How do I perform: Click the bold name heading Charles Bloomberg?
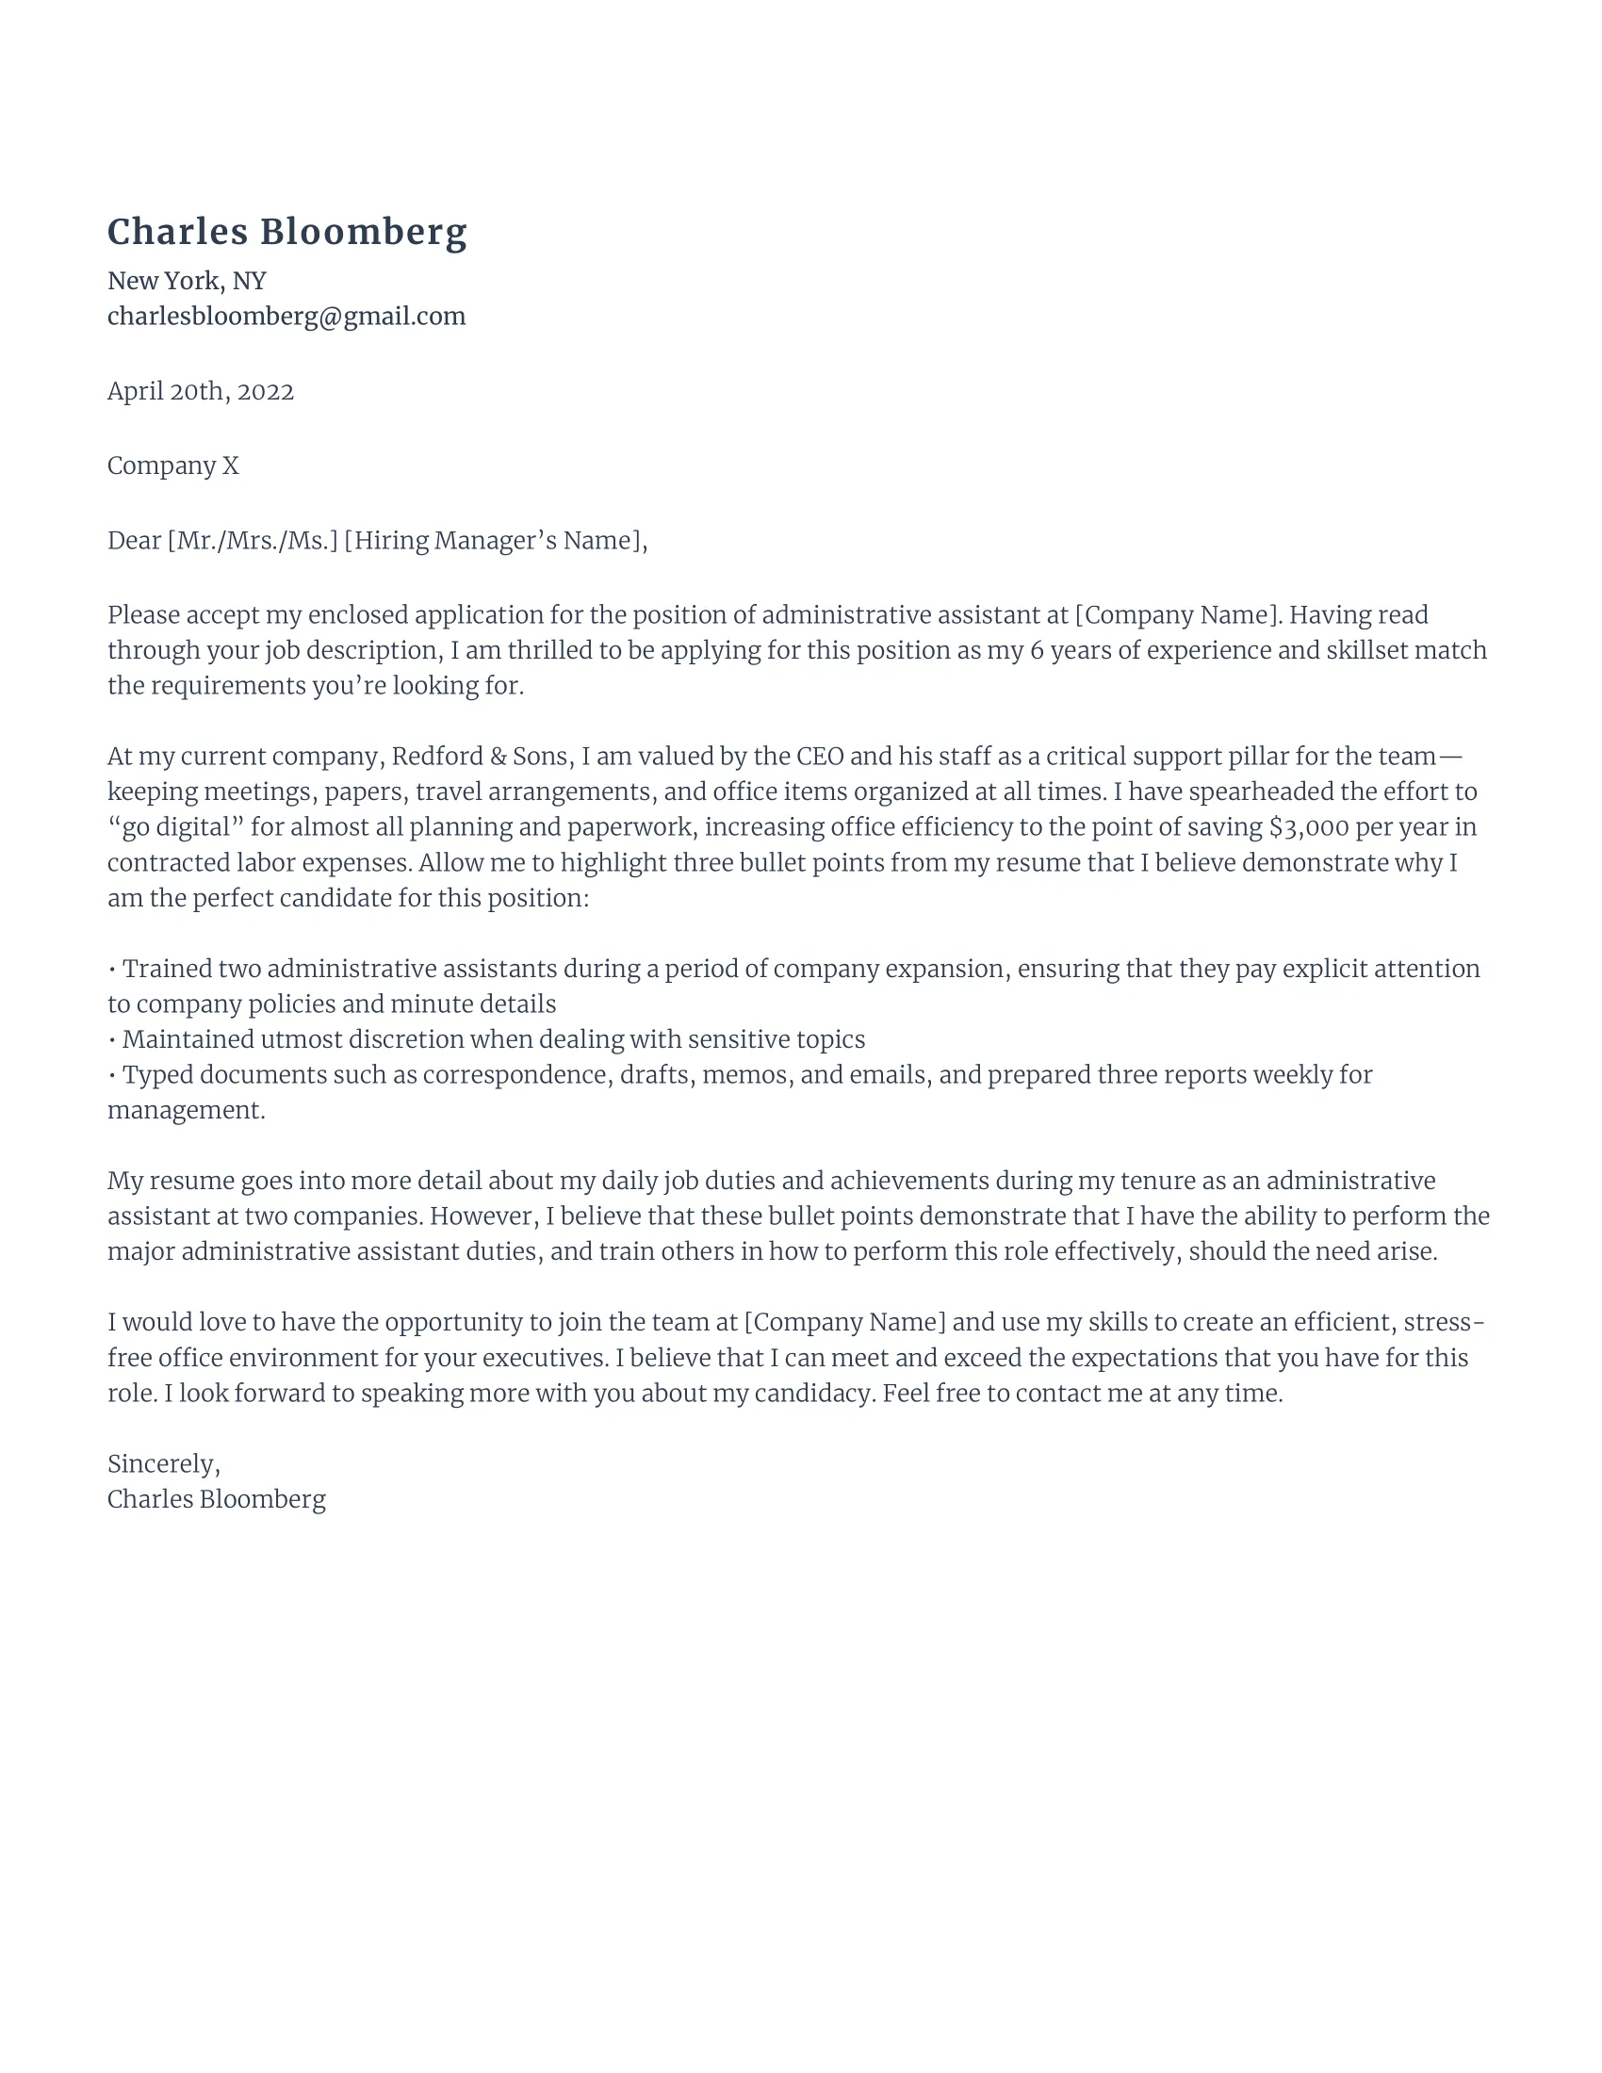(286, 233)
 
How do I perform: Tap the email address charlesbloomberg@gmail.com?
(286, 316)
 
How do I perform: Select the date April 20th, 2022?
(200, 391)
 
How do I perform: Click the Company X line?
(172, 466)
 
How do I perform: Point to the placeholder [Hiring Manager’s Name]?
(492, 541)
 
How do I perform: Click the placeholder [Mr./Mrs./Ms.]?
(253, 541)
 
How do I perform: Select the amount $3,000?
(1309, 827)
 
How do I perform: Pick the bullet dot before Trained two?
(113, 970)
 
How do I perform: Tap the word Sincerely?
(161, 1463)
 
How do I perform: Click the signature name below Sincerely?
(217, 1500)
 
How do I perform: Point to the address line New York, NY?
(186, 281)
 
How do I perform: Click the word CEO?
(820, 757)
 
